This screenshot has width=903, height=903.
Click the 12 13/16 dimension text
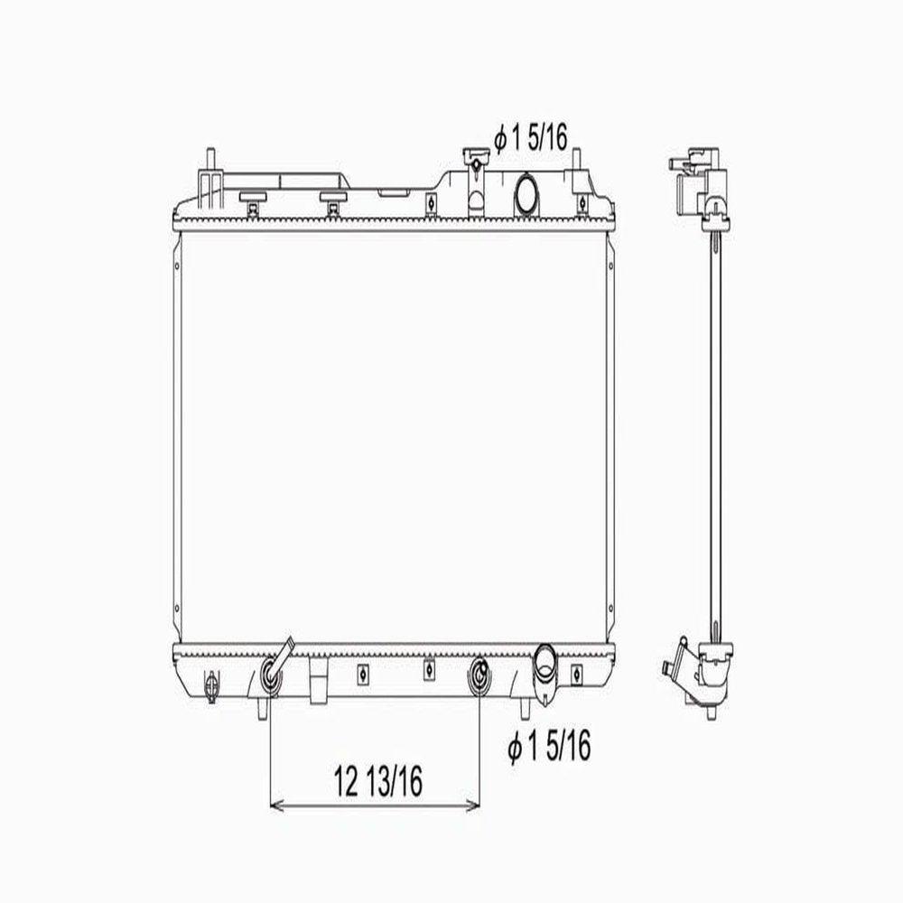tap(378, 780)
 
